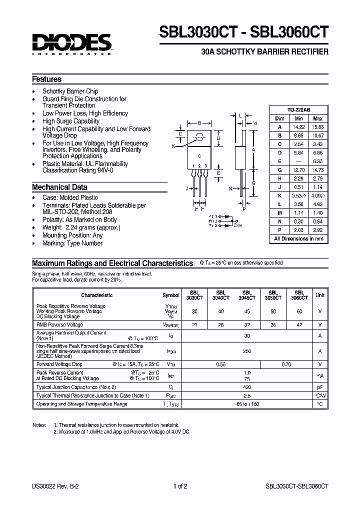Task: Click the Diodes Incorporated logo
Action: point(72,43)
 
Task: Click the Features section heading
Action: point(46,79)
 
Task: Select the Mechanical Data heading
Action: point(59,187)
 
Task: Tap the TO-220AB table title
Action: point(298,109)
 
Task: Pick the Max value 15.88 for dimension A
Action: point(317,127)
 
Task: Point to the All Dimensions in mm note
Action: point(298,239)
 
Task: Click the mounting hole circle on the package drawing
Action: point(199,136)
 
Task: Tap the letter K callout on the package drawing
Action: point(173,146)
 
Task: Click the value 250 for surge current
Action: point(247,351)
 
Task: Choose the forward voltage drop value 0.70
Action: point(286,364)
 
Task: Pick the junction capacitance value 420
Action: point(247,387)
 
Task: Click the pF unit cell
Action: point(319,387)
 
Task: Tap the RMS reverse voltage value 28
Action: point(220,324)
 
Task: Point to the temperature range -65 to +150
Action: point(247,403)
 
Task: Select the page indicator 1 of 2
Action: point(180,485)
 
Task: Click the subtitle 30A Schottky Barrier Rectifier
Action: point(264,52)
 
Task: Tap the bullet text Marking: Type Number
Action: point(72,243)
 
